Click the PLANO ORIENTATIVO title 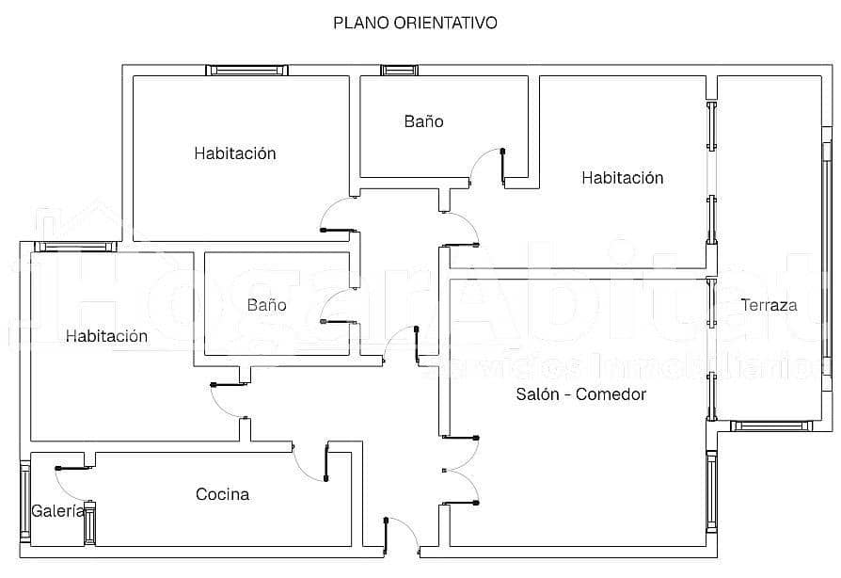tap(415, 23)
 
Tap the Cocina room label tap(223, 494)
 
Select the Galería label tap(57, 512)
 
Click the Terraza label tap(769, 305)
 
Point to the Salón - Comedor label tap(581, 394)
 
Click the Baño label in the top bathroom tap(423, 121)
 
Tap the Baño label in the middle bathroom tap(266, 305)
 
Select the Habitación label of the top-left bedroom tap(235, 153)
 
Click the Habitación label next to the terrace tap(622, 178)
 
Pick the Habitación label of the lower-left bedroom tap(106, 336)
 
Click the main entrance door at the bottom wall tap(402, 536)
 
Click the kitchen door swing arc tap(309, 464)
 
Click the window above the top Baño tap(397, 70)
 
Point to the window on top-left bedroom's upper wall tap(246, 70)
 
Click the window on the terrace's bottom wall tap(771, 426)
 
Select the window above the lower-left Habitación tap(75, 247)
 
